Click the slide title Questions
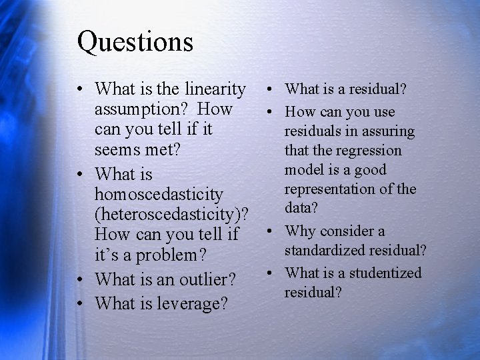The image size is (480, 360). pos(135,41)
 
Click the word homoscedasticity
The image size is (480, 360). pos(159,195)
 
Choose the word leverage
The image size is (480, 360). pos(194,303)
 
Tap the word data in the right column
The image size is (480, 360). pos(301,208)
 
